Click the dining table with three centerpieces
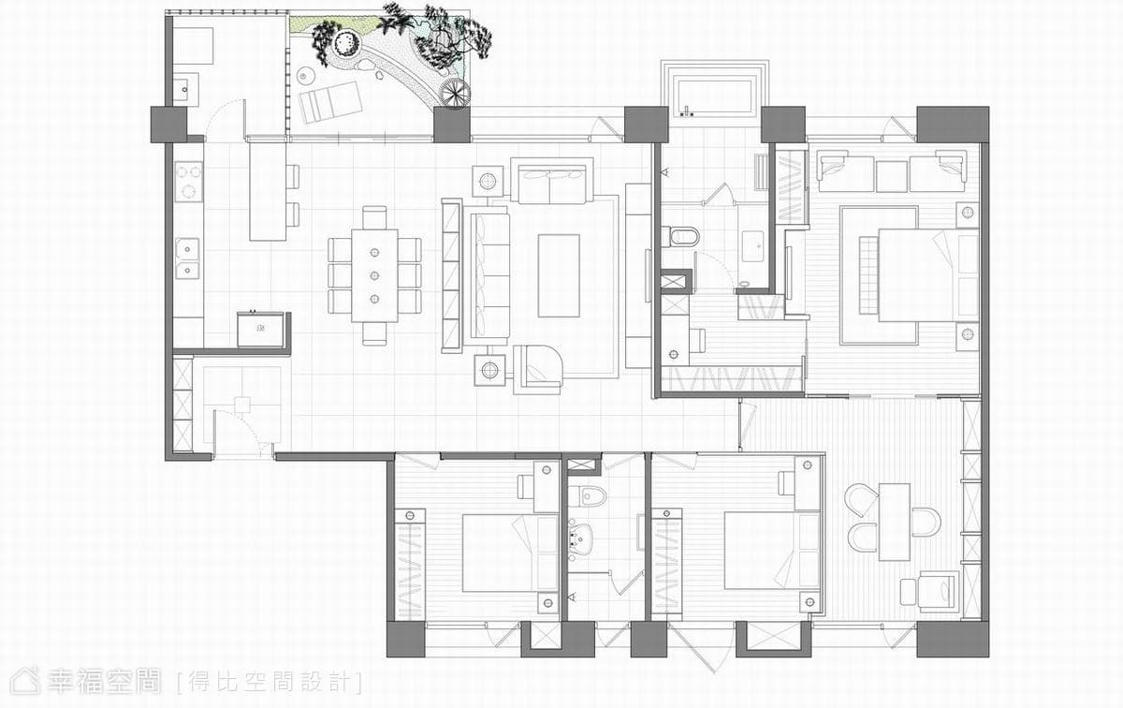374,275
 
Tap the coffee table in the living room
559,275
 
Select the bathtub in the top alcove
714,96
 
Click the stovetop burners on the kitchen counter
188,181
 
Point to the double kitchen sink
187,258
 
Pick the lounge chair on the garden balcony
330,102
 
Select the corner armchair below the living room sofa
537,369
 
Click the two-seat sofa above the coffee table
552,181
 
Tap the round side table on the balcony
305,76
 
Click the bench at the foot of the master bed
868,276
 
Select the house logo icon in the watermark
25,681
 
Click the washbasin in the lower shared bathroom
581,539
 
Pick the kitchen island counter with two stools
268,192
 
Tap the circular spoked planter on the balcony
455,93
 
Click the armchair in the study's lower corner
938,591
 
